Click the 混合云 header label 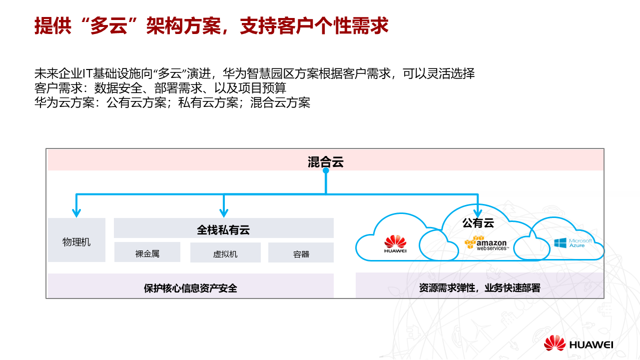click(326, 162)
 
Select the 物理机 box click(76, 242)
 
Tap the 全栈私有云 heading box click(223, 230)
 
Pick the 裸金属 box click(147, 253)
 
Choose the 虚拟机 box click(225, 253)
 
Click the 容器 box click(301, 253)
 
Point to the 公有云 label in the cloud click(478, 222)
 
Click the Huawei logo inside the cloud click(395, 244)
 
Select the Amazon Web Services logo click(486, 243)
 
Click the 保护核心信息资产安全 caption click(190, 288)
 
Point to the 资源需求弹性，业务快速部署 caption click(480, 288)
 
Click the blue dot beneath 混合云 click(326, 170)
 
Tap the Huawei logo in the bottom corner click(579, 343)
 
